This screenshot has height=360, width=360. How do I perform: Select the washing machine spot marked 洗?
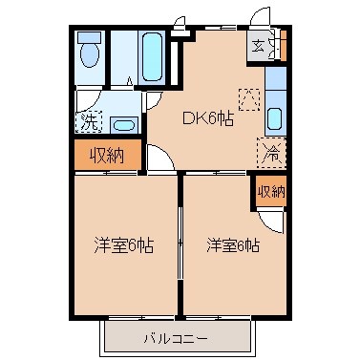click(x=88, y=121)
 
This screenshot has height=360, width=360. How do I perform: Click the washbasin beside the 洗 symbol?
click(x=121, y=123)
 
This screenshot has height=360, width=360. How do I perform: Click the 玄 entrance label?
click(x=259, y=43)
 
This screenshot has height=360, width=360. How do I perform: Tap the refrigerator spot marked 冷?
click(x=270, y=150)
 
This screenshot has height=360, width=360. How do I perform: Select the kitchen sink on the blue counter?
click(x=274, y=119)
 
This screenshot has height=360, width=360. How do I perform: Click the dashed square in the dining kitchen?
click(x=248, y=97)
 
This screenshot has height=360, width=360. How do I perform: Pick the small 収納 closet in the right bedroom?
click(x=271, y=191)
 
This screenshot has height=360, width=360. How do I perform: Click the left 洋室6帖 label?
click(x=125, y=244)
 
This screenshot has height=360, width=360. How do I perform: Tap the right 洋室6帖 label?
click(x=233, y=244)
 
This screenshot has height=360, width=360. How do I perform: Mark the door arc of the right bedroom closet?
click(x=273, y=222)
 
